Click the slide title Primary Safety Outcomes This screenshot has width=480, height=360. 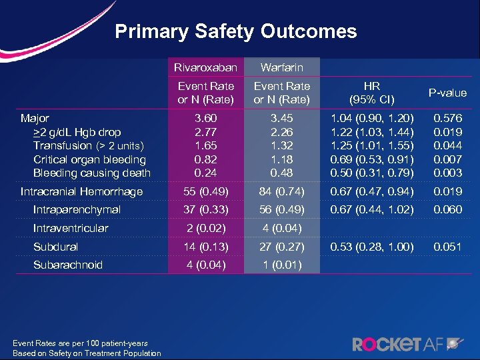pyautogui.click(x=235, y=32)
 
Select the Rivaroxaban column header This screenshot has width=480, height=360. pyautogui.click(x=206, y=67)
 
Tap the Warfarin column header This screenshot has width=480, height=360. pyautogui.click(x=281, y=67)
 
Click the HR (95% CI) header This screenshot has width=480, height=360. pyautogui.click(x=371, y=93)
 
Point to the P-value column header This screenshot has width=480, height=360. pyautogui.click(x=447, y=93)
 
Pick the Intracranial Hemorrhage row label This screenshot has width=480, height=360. pyautogui.click(x=82, y=192)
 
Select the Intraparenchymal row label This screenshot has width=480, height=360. pyautogui.click(x=77, y=210)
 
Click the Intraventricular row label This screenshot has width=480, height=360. pyautogui.click(x=71, y=228)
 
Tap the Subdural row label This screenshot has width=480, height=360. pyautogui.click(x=55, y=247)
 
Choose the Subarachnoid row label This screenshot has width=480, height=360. pyautogui.click(x=68, y=265)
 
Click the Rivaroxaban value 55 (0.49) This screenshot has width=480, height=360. pyautogui.click(x=206, y=192)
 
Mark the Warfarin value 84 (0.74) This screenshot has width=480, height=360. pyautogui.click(x=281, y=192)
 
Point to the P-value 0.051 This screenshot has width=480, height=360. pyautogui.click(x=447, y=247)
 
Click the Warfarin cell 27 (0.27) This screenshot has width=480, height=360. pyautogui.click(x=281, y=247)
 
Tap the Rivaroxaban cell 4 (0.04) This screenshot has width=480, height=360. pyautogui.click(x=206, y=265)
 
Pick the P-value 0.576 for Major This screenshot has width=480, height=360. pyautogui.click(x=447, y=118)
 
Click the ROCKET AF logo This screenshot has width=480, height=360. pyautogui.click(x=406, y=343)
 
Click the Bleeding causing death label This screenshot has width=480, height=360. pyautogui.click(x=92, y=173)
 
